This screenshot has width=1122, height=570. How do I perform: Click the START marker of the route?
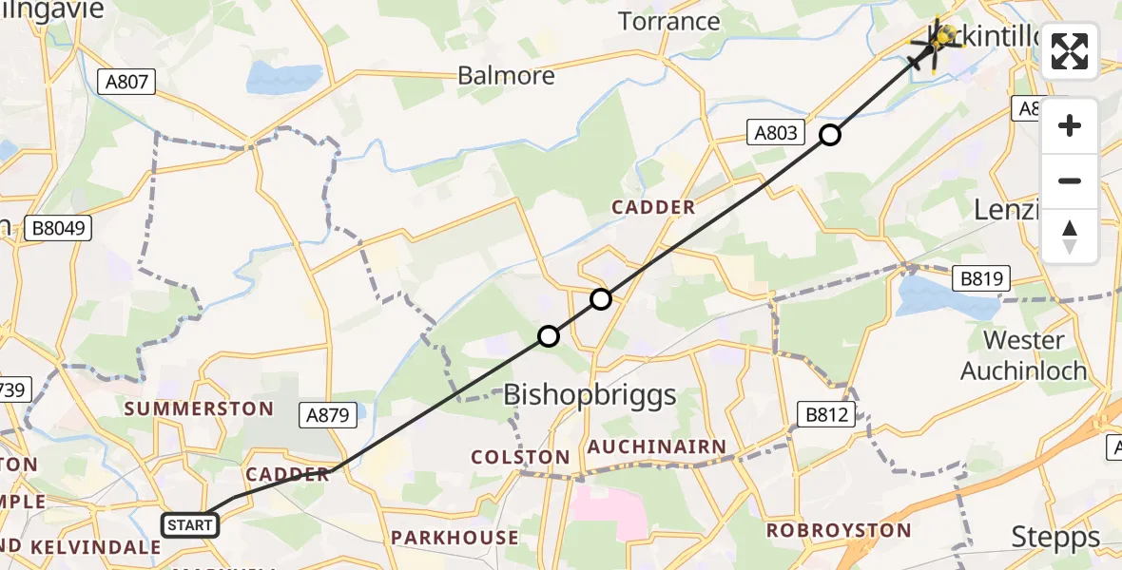(x=190, y=524)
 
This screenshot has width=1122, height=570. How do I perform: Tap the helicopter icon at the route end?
(x=941, y=40)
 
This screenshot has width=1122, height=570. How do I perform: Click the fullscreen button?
(x=1070, y=51)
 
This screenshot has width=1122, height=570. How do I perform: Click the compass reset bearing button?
(x=1070, y=237)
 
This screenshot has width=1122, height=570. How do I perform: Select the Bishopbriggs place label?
(x=590, y=394)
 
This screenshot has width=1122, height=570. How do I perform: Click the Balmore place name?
(x=519, y=75)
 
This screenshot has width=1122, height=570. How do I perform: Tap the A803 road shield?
(x=777, y=133)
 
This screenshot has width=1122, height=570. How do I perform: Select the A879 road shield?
(x=332, y=414)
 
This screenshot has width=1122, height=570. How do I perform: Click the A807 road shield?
(x=126, y=82)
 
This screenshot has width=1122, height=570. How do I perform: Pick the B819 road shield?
(x=982, y=278)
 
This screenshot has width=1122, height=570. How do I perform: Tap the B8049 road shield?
(x=59, y=228)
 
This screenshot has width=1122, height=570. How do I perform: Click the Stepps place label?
(x=1055, y=537)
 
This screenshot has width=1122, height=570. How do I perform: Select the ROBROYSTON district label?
(x=839, y=530)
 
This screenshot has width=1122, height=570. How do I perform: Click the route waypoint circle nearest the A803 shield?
(x=830, y=135)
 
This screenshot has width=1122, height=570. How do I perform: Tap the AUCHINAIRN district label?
(x=656, y=446)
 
